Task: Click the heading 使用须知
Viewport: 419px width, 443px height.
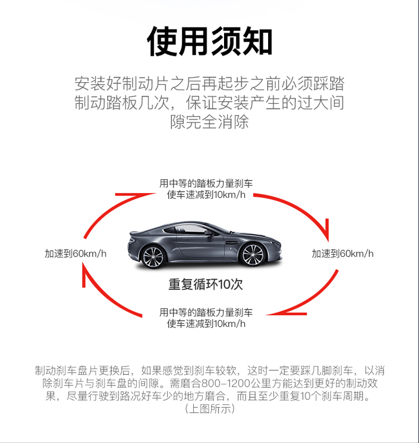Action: pyautogui.click(x=209, y=41)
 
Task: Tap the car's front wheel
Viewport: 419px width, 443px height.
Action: pyautogui.click(x=253, y=255)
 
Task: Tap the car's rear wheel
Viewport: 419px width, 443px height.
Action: pyautogui.click(x=154, y=257)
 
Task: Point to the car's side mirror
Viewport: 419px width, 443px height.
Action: pyautogui.click(x=208, y=233)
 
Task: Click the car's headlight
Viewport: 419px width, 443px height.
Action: pyautogui.click(x=274, y=242)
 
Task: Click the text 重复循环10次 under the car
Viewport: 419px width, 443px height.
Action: pyautogui.click(x=206, y=284)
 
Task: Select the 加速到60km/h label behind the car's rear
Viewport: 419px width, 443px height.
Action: pyautogui.click(x=75, y=254)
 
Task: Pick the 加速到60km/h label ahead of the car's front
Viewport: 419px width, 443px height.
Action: pyautogui.click(x=342, y=254)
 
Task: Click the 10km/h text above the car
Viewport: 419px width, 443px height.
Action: pyautogui.click(x=230, y=194)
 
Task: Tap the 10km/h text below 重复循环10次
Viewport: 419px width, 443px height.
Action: pyautogui.click(x=230, y=323)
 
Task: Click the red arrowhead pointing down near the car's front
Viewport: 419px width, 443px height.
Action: pyautogui.click(x=327, y=230)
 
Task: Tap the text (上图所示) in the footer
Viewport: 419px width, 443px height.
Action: pyautogui.click(x=209, y=408)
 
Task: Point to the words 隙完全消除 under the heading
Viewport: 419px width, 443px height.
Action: pyautogui.click(x=209, y=122)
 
